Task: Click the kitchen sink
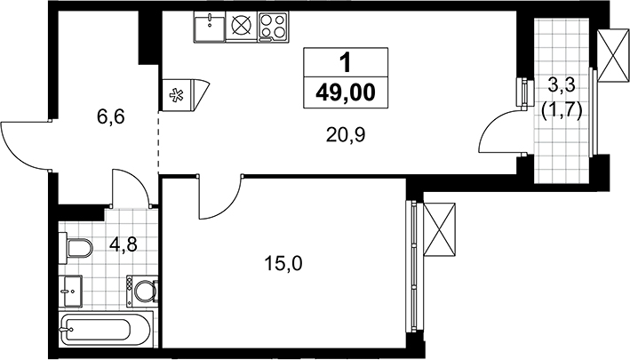point(210,27)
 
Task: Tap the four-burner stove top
point(274,27)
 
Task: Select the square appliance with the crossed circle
point(242,27)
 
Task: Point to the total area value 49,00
point(346,92)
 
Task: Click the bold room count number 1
point(345,63)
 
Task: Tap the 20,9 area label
point(346,136)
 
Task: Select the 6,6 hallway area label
point(111,117)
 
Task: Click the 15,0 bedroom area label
point(283,264)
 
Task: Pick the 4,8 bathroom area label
point(124,244)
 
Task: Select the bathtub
point(106,330)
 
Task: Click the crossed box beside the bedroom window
point(440,229)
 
